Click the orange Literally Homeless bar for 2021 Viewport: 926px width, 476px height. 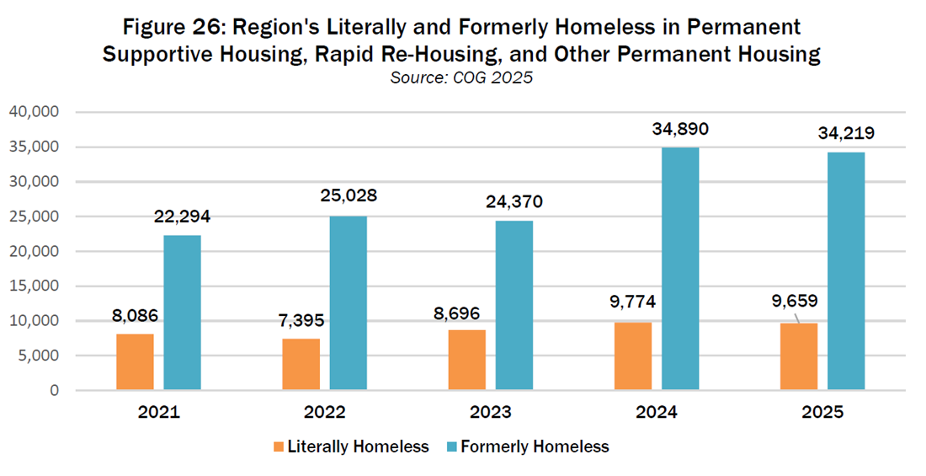point(135,362)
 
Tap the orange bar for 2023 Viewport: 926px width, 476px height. point(467,360)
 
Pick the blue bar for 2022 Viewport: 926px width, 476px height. point(348,303)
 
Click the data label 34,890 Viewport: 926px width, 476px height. point(679,130)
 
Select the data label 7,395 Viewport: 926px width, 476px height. point(301,322)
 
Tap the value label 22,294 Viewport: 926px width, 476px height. point(182,217)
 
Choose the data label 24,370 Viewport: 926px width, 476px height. point(514,202)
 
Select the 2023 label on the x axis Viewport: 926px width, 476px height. point(490,414)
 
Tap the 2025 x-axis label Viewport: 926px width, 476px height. point(822,414)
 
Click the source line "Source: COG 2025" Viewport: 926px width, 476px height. point(460,78)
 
